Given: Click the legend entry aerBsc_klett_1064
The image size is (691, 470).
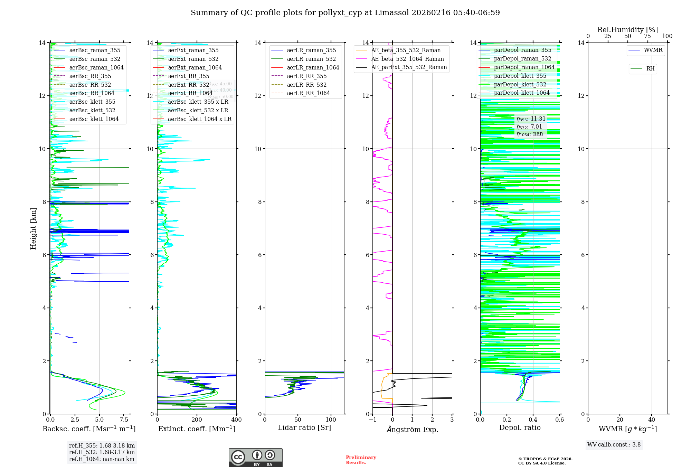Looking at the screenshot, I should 94,119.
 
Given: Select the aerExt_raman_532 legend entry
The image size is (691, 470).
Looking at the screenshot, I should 193,59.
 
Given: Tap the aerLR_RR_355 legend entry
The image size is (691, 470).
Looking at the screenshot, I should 306,76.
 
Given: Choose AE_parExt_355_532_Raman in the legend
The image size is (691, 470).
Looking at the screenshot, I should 409,67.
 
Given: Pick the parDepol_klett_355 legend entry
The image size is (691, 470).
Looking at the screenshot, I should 520,76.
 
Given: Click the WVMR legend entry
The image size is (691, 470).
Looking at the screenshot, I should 653,50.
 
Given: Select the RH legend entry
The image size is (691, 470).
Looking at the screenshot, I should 650,69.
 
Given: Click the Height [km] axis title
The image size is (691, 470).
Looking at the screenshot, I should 33,228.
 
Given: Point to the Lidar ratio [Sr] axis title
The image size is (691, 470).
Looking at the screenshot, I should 304,427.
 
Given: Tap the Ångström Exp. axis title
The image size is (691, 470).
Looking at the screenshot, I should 412,429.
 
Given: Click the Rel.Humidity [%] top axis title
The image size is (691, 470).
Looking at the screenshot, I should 627,30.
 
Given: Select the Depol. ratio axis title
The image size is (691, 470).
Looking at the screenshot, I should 520,427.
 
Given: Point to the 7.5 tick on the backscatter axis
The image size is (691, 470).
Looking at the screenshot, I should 124,420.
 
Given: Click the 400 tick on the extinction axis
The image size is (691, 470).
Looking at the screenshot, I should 236,420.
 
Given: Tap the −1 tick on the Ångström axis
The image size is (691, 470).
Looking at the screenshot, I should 372,420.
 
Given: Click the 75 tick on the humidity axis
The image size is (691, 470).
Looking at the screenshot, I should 647,36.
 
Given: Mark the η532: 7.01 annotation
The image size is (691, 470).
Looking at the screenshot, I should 529,126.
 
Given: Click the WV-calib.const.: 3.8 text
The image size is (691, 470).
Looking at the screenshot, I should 614,444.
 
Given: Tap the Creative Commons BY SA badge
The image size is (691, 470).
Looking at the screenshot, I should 255,458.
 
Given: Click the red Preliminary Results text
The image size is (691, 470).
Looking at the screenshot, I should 361,460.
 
